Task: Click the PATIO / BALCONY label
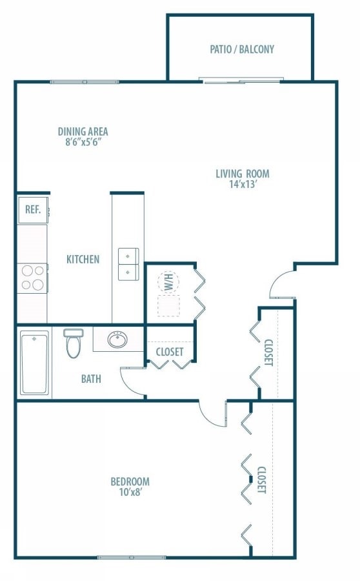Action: (242, 49)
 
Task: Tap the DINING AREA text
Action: (83, 132)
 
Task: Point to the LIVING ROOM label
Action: (242, 173)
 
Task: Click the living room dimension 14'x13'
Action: (242, 185)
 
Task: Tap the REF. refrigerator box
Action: (33, 209)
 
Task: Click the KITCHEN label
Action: (83, 260)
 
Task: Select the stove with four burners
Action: (33, 278)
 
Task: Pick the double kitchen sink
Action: (128, 264)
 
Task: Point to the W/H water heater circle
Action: (168, 282)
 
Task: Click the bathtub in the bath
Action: (34, 362)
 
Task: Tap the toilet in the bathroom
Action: (74, 343)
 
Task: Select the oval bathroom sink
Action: (118, 340)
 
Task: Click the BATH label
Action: (91, 379)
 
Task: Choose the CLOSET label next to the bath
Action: (170, 352)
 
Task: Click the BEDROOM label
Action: (130, 482)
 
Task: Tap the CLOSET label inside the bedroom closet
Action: (261, 480)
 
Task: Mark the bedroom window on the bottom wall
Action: (132, 557)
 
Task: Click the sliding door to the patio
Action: (241, 81)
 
